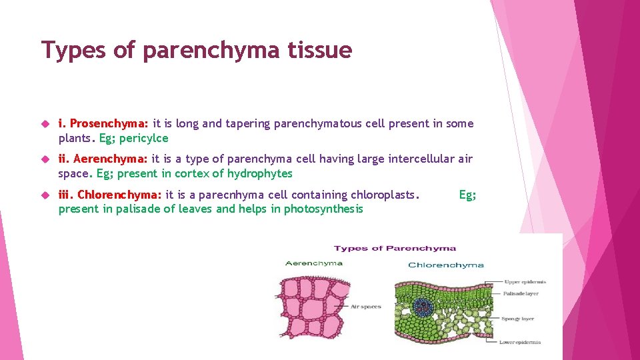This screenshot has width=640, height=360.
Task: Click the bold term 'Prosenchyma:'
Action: pyautogui.click(x=109, y=123)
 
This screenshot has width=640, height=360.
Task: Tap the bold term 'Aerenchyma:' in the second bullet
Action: pyautogui.click(x=111, y=159)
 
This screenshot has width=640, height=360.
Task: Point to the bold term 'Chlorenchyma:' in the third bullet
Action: pyautogui.click(x=119, y=195)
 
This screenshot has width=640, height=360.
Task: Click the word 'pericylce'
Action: pyautogui.click(x=143, y=138)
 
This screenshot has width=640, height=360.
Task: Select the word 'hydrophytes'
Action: pyautogui.click(x=259, y=173)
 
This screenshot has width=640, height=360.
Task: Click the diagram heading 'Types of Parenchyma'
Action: pyautogui.click(x=395, y=248)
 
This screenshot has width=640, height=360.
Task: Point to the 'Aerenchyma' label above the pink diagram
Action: pyautogui.click(x=313, y=263)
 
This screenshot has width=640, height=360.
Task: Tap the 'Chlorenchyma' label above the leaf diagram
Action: pyautogui.click(x=445, y=265)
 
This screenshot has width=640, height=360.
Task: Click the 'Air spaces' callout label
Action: pyautogui.click(x=365, y=307)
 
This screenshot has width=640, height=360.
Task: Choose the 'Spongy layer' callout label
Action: pyautogui.click(x=518, y=319)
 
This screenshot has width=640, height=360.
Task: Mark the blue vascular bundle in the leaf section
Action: pyautogui.click(x=423, y=307)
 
